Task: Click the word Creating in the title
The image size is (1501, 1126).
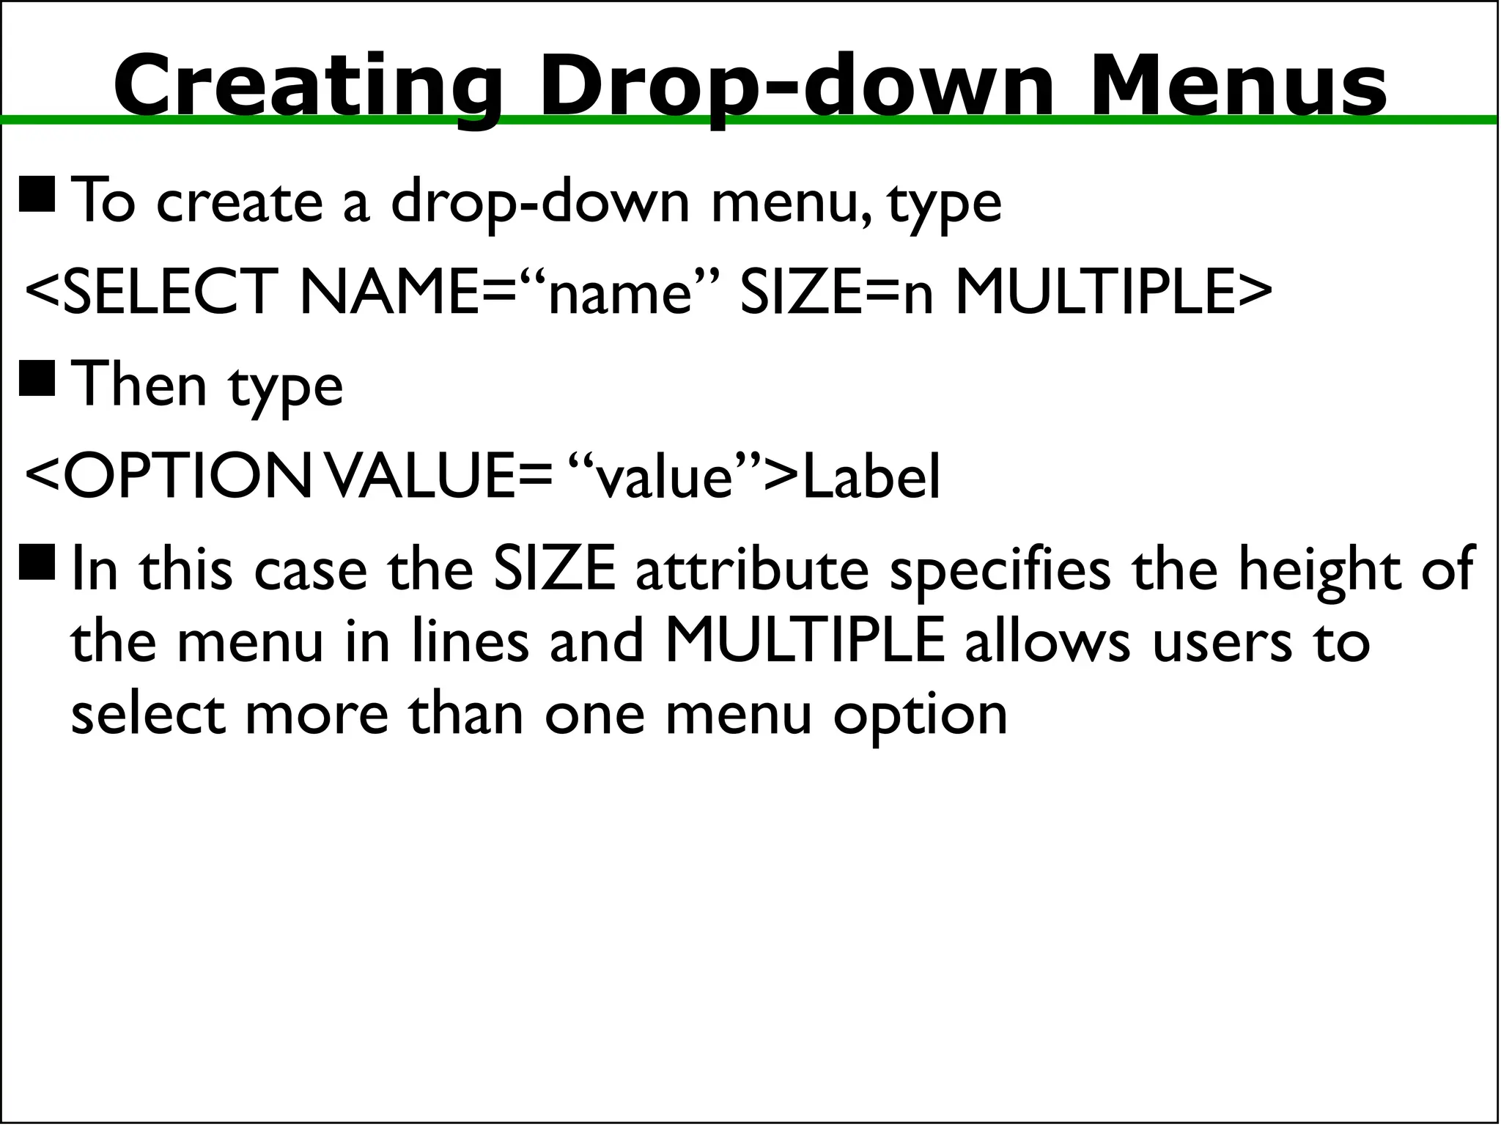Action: tap(308, 87)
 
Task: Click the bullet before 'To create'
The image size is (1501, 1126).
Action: tap(37, 194)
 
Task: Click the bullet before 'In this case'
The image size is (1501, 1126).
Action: tap(37, 562)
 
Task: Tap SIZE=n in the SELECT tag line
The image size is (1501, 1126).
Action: tap(836, 292)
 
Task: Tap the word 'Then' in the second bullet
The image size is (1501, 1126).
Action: tap(139, 384)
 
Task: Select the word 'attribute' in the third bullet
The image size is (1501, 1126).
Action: tap(751, 570)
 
